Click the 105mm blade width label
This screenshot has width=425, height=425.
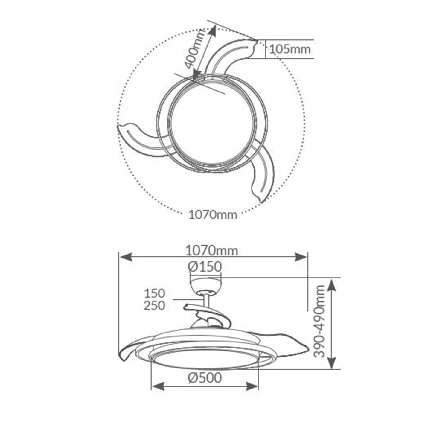[290, 49]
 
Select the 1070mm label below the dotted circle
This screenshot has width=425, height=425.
[213, 215]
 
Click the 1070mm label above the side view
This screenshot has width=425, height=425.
[212, 251]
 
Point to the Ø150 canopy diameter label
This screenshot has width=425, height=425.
[205, 267]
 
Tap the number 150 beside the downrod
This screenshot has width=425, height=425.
[155, 293]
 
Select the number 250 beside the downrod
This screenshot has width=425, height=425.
[155, 306]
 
